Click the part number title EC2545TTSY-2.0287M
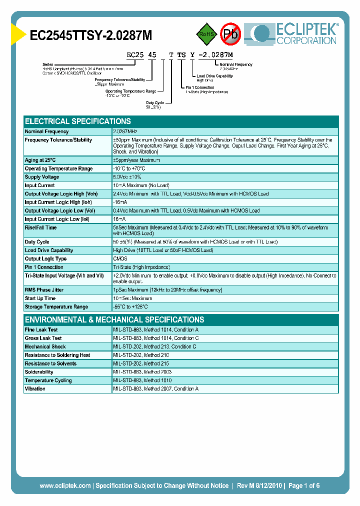(x=91, y=35)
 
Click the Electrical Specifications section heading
(x=78, y=121)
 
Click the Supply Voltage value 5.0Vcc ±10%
(x=127, y=177)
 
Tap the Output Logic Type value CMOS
(x=120, y=258)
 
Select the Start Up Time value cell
(x=132, y=298)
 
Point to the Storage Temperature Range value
(x=130, y=307)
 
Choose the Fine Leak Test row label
(x=41, y=330)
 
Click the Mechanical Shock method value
(x=154, y=347)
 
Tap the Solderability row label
(x=39, y=372)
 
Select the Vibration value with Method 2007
(x=155, y=389)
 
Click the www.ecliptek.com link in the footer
(x=65, y=485)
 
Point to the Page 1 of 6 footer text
(x=303, y=485)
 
